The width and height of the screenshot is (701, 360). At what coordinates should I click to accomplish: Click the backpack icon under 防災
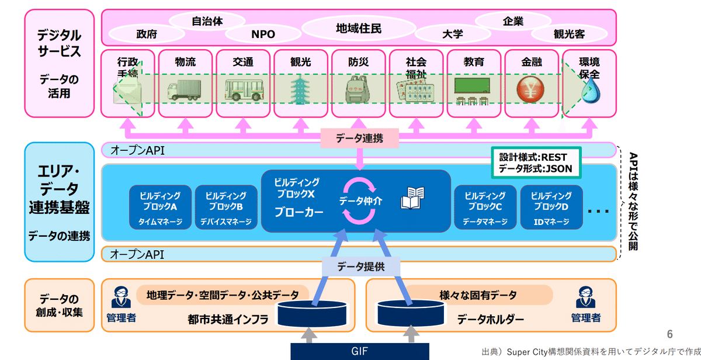coord(358,89)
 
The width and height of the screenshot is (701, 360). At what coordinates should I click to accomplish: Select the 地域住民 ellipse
coord(359,27)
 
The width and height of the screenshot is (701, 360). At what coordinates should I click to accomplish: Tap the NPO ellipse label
coord(263,34)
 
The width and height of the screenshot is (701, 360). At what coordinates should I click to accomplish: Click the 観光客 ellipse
coord(569,34)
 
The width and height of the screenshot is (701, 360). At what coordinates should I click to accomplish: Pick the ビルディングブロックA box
coord(160,207)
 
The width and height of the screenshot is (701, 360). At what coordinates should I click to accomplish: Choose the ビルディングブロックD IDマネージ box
coord(551,207)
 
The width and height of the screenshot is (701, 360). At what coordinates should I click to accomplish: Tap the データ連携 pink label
coord(360,139)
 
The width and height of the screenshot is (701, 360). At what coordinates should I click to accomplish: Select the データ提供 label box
coord(360,266)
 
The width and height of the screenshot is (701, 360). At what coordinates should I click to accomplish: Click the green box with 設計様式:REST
coord(536,162)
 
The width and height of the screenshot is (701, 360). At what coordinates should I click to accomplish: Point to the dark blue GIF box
coord(359,351)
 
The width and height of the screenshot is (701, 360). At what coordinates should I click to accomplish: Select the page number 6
coord(670,334)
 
